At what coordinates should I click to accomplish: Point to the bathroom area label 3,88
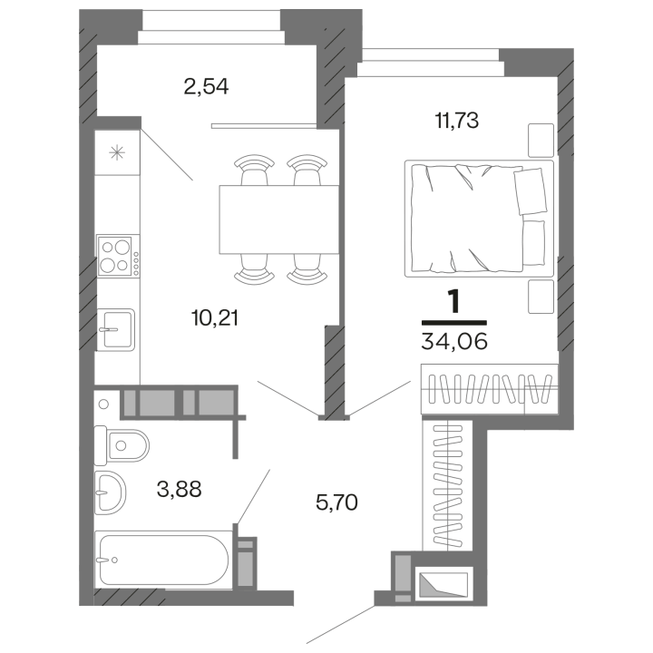point(179,490)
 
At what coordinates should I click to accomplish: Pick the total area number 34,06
point(453,341)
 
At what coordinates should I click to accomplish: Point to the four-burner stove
point(118,255)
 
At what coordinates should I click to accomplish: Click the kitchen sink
point(116,328)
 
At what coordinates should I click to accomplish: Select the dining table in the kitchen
point(272,219)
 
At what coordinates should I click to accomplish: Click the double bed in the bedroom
point(479,218)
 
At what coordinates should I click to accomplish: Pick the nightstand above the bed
point(541,138)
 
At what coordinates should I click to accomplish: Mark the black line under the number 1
point(454,322)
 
